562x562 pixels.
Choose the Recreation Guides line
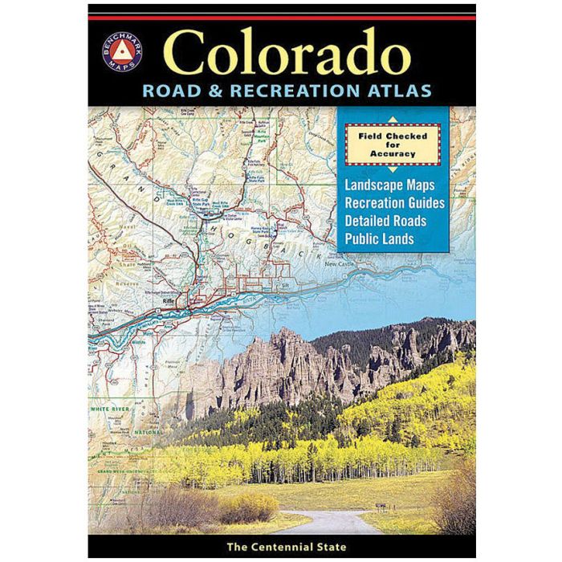(x=393, y=202)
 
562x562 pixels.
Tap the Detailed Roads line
(x=385, y=220)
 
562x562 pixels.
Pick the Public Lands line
(x=379, y=238)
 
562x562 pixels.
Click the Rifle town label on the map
(x=169, y=301)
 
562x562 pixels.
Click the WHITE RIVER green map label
(x=111, y=409)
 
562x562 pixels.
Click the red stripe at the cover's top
(x=281, y=16)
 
